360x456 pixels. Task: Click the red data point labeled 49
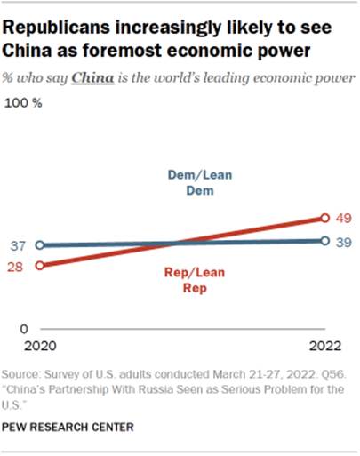click(x=325, y=217)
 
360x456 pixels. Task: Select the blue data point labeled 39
click(x=325, y=241)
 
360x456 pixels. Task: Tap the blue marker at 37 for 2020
click(x=38, y=245)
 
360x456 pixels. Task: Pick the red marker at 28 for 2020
click(x=38, y=265)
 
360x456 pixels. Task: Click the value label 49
click(x=344, y=217)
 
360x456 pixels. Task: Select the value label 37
click(x=17, y=245)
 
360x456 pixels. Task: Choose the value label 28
click(x=17, y=266)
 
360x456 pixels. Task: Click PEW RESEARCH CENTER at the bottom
click(x=70, y=427)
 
